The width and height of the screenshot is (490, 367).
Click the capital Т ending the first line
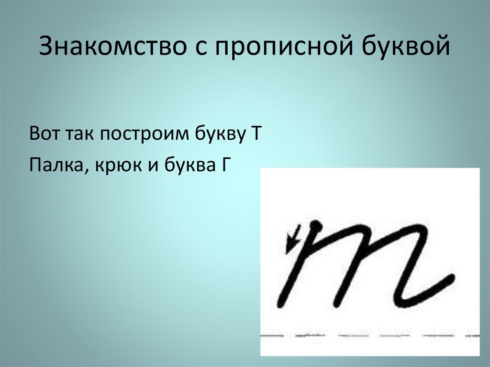coord(254,133)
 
